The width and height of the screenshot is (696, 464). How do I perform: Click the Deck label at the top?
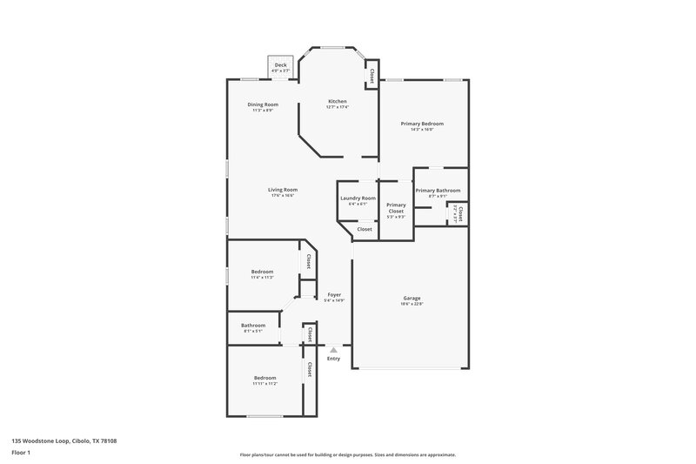tap(280, 64)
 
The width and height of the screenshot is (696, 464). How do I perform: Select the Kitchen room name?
tap(338, 101)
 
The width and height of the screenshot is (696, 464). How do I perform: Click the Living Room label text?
tap(284, 190)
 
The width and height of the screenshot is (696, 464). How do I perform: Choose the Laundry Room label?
tap(358, 198)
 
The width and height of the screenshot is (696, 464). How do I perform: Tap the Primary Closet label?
tap(396, 208)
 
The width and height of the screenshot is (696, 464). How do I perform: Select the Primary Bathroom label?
tap(438, 191)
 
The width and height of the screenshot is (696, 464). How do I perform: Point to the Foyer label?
tap(334, 295)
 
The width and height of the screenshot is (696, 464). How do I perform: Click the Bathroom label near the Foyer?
tap(253, 326)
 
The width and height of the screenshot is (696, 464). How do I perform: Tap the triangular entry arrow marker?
tap(333, 349)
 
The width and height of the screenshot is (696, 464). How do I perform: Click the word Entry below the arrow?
tap(333, 359)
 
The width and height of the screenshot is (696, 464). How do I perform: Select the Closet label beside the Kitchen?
tap(371, 75)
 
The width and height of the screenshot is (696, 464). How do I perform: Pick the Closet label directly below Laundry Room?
tap(365, 229)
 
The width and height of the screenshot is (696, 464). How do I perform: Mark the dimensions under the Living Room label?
tap(284, 196)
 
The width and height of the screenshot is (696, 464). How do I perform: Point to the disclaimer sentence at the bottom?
tap(347, 454)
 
